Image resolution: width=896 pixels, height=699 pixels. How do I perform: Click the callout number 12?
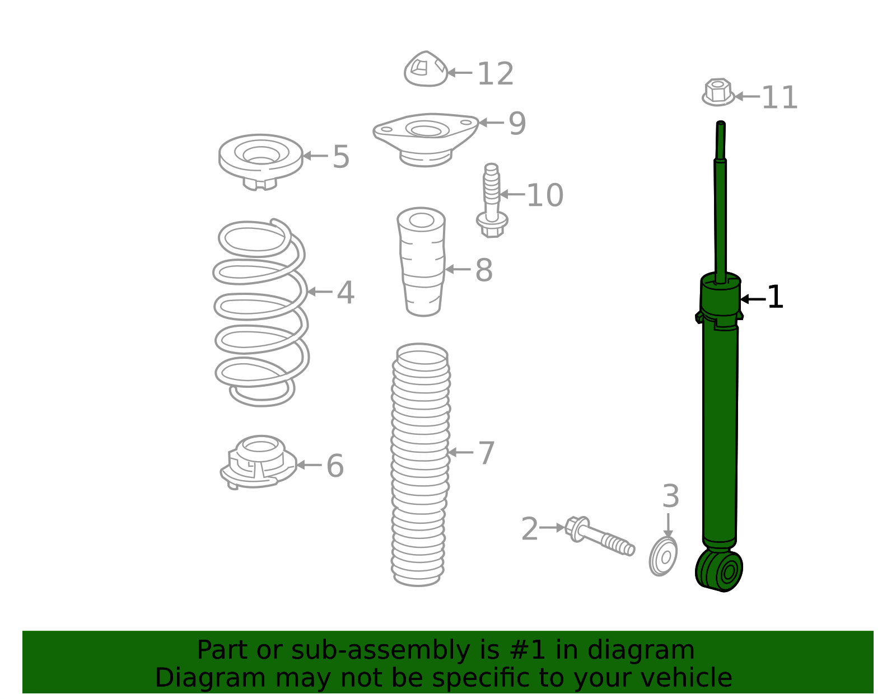pos(495,74)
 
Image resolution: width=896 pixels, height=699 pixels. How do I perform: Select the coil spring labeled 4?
pos(261,313)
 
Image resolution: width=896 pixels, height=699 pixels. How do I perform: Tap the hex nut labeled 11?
pos(717,92)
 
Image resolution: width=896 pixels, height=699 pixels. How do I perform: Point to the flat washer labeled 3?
pos(664,556)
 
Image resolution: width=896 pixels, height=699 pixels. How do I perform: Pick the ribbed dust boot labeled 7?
pos(420,465)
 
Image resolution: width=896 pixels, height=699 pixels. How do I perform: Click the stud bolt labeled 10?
pos(492,200)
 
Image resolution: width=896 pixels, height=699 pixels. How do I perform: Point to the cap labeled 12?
pos(426,69)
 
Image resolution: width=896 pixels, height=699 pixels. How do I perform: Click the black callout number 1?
pos(775,297)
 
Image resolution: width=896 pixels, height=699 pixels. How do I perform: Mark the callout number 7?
pos(486,453)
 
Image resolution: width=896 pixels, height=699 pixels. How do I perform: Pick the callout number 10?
pos(544,196)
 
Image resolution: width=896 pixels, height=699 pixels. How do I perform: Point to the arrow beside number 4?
pos(319,292)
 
